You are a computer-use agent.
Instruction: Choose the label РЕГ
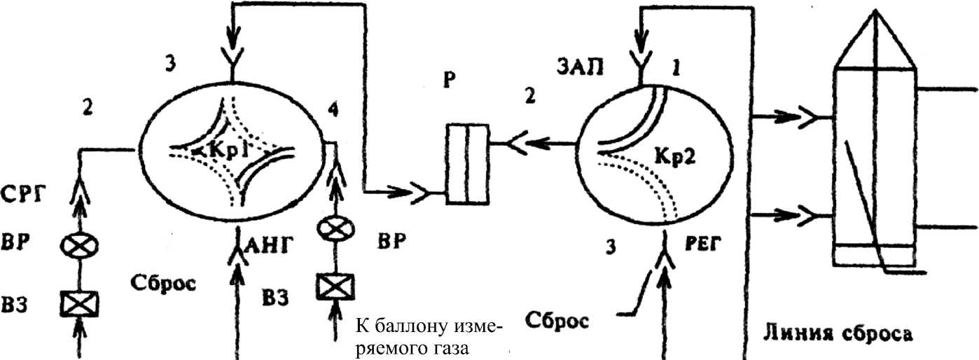[x=703, y=245]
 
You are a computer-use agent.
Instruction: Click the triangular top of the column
[x=873, y=39]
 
